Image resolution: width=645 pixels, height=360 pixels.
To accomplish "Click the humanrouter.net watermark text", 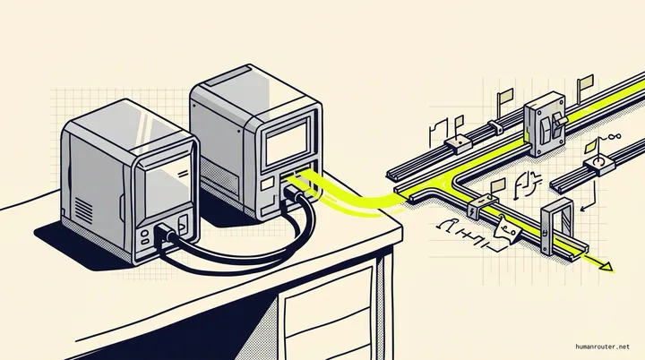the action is click(x=602, y=347).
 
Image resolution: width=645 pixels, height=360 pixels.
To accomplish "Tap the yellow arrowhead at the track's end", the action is click(x=606, y=268).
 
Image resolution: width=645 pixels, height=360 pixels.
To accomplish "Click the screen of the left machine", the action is click(x=168, y=187).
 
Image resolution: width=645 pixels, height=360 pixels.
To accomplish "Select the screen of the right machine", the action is click(x=288, y=142).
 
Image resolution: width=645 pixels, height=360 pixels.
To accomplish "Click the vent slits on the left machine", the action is click(x=83, y=211).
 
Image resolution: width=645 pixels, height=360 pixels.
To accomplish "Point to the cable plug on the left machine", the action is click(x=165, y=233).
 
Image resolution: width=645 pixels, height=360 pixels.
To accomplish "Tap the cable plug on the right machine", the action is click(x=292, y=193).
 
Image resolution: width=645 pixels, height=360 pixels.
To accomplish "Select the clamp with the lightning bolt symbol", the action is click(x=482, y=207).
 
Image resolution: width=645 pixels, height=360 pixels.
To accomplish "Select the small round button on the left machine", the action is click(x=145, y=233).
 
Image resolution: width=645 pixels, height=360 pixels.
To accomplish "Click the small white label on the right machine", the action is click(x=267, y=184).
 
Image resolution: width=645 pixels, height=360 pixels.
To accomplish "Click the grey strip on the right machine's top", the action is click(x=228, y=76).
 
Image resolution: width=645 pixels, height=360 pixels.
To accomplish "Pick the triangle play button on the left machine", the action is click(x=182, y=225).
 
